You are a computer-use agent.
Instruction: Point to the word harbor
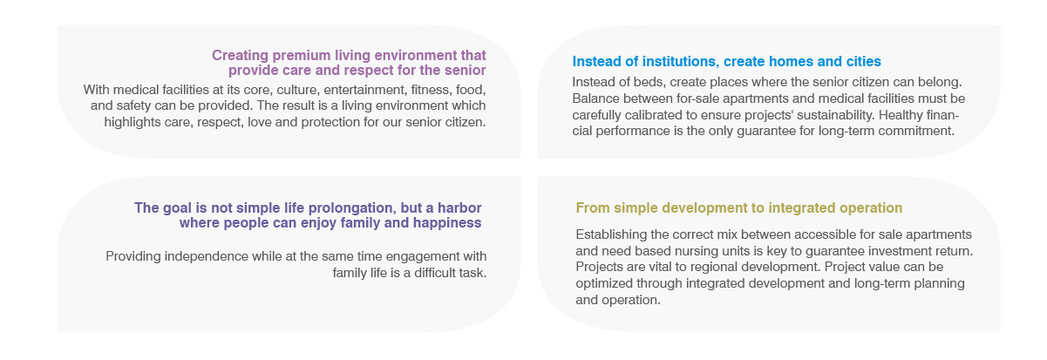[459, 207]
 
